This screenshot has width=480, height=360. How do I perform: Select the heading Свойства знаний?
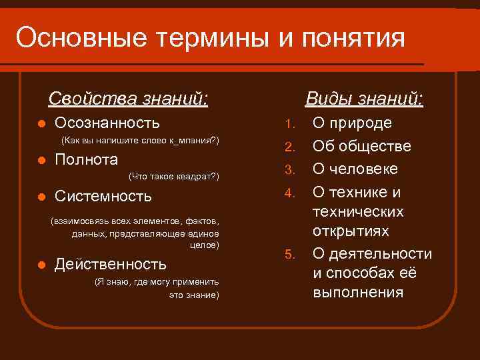coord(128,100)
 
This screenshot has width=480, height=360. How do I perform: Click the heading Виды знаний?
coord(364,100)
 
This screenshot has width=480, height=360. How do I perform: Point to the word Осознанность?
coord(107,123)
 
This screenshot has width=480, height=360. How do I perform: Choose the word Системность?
coord(103,197)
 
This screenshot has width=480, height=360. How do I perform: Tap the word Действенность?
coord(111,265)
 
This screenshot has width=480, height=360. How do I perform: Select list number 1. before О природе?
coord(289,124)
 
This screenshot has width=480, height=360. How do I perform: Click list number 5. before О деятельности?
coord(289,255)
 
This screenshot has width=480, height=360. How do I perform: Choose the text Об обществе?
coord(361,146)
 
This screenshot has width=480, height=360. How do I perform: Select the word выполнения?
coord(358,292)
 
